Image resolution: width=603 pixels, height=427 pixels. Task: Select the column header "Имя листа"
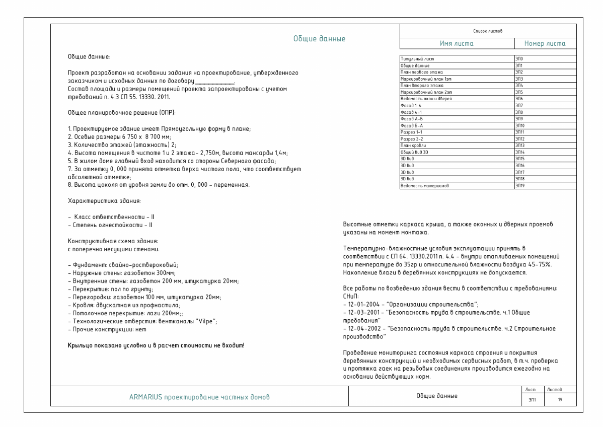[x=457, y=44]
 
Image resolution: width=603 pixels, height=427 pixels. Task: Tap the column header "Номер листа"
[x=544, y=44]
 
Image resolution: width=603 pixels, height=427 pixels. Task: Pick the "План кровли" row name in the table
[x=413, y=145]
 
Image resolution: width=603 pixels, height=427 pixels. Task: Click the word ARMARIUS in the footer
[x=144, y=397]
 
